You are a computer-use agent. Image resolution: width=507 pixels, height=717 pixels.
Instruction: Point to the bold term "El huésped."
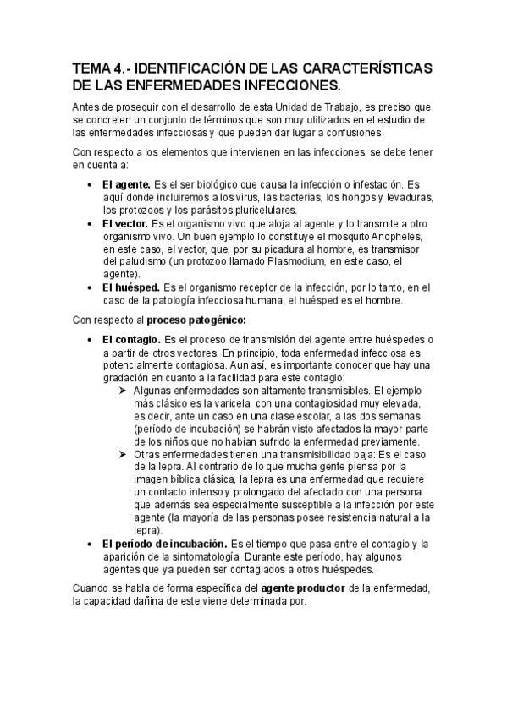tap(131, 288)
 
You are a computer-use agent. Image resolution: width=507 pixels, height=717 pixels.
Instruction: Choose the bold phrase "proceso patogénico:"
tap(196, 320)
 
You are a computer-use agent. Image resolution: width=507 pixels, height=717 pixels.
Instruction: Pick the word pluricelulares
tap(256, 210)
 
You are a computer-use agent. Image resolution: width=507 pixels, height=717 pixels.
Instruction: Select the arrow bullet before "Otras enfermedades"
tap(124, 454)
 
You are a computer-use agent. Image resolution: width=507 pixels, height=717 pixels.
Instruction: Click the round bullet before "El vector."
tap(91, 223)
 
